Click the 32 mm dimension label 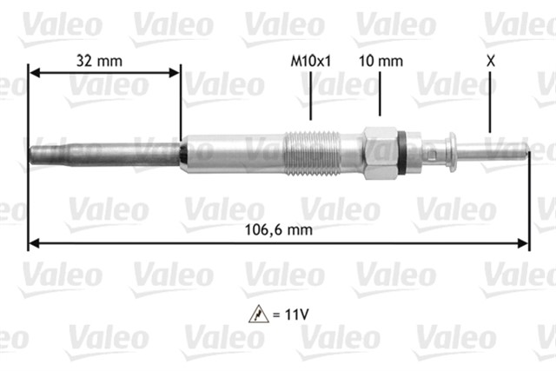point(99,61)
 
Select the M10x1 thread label point(311,61)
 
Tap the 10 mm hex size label point(381,61)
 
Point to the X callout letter point(490,61)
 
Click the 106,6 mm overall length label point(279,230)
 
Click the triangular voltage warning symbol point(259,314)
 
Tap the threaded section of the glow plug point(312,153)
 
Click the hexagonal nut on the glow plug point(380,153)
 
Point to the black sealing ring point(401,153)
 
